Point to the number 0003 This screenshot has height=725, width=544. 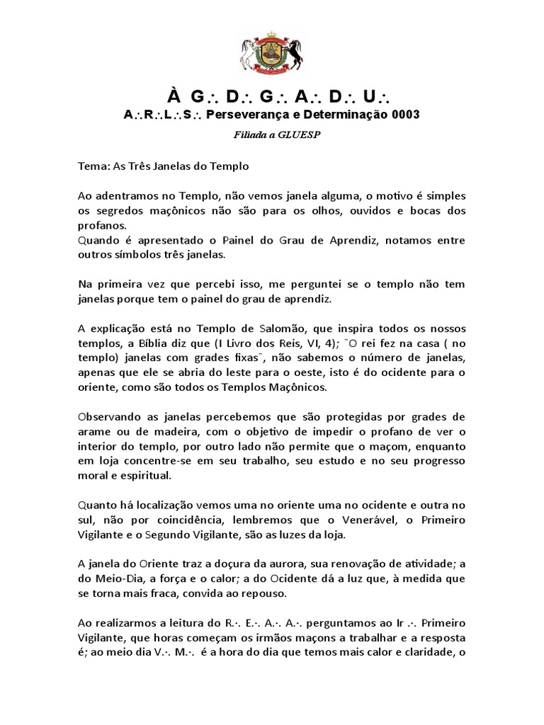[404, 114]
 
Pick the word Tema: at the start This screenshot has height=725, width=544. [92, 166]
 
